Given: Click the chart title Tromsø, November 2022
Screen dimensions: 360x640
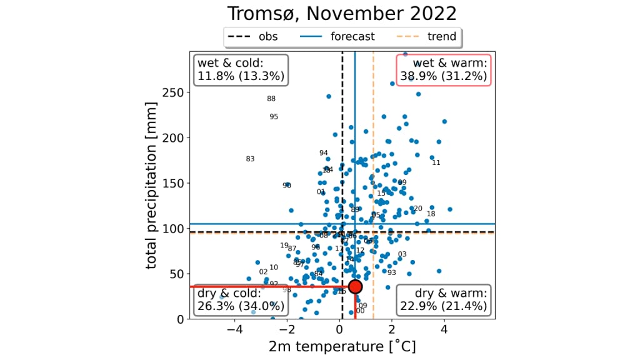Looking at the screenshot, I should click(x=341, y=14).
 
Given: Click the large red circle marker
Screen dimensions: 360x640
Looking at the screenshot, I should click(x=355, y=286).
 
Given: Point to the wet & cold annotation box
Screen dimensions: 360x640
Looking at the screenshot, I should click(x=241, y=69).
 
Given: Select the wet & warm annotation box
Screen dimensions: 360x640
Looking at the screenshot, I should click(x=444, y=69).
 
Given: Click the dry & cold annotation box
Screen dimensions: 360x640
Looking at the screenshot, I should click(x=241, y=300).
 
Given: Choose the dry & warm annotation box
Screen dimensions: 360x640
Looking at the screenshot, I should click(x=444, y=300).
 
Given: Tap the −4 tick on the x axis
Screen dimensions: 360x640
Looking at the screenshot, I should click(x=235, y=329).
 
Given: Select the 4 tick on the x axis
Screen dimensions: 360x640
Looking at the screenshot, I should click(x=444, y=329).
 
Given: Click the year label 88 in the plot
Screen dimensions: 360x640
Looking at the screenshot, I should click(x=271, y=99).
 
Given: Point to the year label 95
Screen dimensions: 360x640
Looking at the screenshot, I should click(x=274, y=117).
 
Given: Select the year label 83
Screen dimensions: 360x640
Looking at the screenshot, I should click(x=250, y=159).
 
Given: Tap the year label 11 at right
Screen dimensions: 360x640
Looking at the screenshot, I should click(x=436, y=162).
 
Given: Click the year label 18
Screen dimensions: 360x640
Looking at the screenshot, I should click(x=431, y=214).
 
